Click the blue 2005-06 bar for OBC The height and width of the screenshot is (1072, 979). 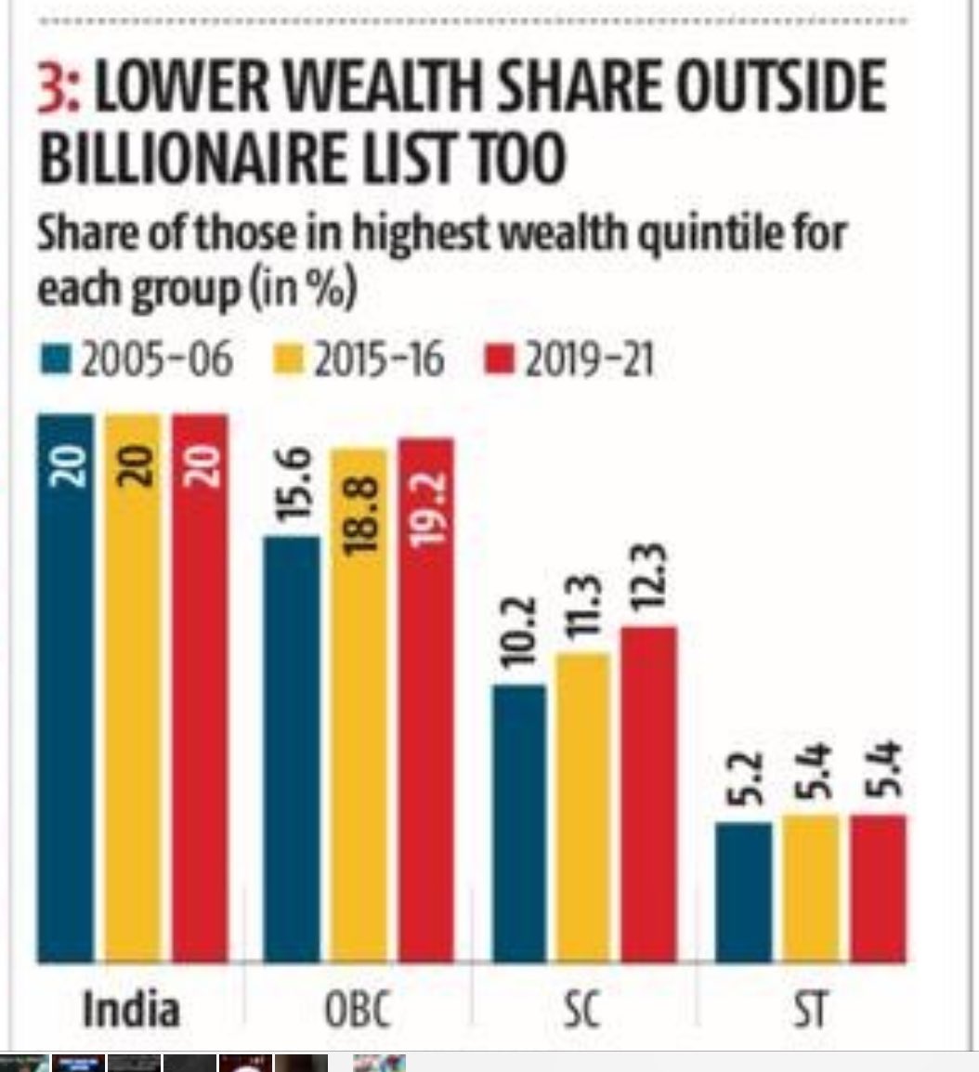(292, 748)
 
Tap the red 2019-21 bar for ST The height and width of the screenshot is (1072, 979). (878, 887)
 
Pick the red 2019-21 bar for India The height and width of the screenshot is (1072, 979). (201, 687)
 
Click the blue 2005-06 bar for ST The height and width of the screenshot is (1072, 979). (744, 892)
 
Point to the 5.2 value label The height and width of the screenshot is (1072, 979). (745, 778)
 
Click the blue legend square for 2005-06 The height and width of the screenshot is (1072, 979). (59, 360)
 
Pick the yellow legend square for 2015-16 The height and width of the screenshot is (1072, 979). (292, 360)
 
